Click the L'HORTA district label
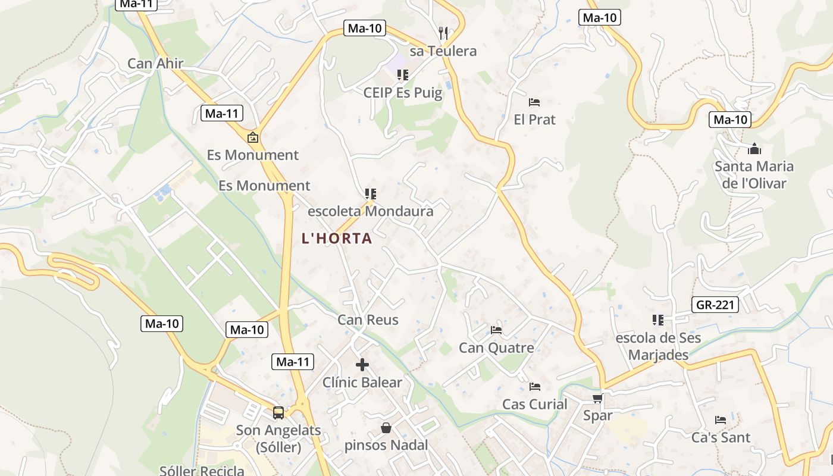click(x=337, y=239)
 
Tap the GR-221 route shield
click(x=716, y=305)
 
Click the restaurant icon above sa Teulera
click(x=443, y=33)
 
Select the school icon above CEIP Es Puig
click(x=403, y=75)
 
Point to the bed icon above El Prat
click(x=534, y=102)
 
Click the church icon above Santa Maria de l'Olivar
click(x=754, y=149)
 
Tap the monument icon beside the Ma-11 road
click(x=253, y=138)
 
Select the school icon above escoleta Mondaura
click(x=371, y=194)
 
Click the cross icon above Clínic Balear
click(x=362, y=365)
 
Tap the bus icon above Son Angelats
click(x=278, y=412)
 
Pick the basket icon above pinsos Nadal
click(x=386, y=428)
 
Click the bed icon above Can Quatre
click(x=496, y=330)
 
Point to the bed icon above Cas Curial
click(x=534, y=387)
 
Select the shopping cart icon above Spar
click(x=597, y=398)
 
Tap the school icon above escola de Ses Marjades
click(x=657, y=320)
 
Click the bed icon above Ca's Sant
click(x=721, y=420)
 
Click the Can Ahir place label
click(x=155, y=64)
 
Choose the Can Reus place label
click(x=368, y=320)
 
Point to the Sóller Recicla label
click(x=202, y=471)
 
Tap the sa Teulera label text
click(x=443, y=51)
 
